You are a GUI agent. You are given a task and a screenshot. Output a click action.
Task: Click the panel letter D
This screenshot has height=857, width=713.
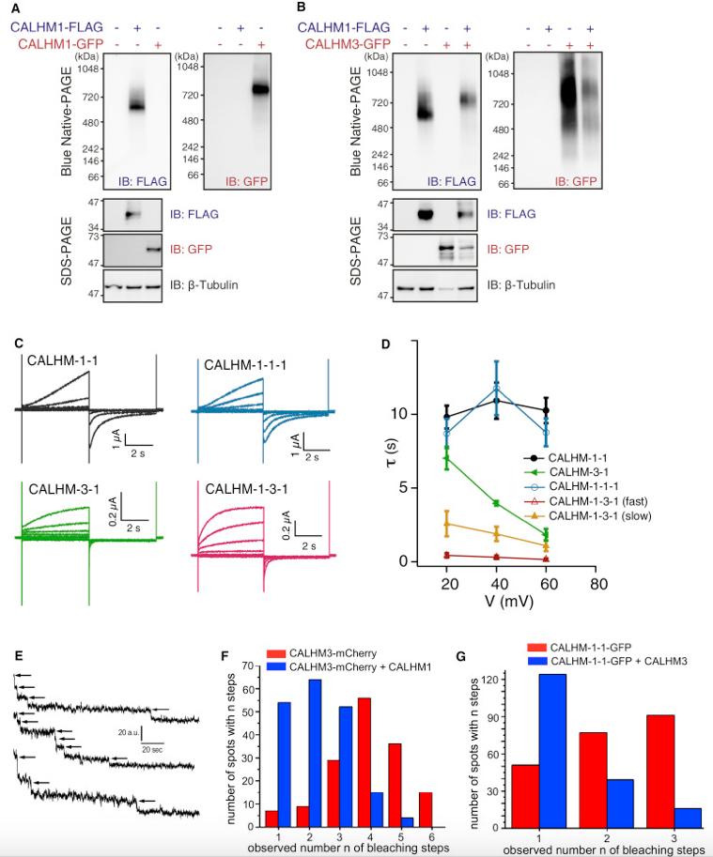(385, 344)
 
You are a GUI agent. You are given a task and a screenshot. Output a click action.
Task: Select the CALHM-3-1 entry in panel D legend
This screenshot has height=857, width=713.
(566, 472)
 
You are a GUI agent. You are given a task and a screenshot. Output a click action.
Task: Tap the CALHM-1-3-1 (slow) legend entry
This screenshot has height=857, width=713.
(587, 516)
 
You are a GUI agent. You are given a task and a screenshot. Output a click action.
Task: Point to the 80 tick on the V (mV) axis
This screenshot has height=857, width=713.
(598, 584)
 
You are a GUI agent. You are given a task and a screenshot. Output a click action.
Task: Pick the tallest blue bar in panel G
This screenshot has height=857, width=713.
(552, 751)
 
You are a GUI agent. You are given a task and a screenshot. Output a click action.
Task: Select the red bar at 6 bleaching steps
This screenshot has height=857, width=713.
(425, 809)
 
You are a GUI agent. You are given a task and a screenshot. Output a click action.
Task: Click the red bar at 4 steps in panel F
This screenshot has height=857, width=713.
(364, 762)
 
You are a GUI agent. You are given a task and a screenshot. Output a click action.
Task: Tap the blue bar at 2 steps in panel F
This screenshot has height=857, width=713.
(315, 753)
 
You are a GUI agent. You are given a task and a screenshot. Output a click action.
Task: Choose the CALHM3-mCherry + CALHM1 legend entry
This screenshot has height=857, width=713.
(349, 666)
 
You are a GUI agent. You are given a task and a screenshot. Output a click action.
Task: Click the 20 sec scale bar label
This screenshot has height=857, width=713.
(152, 749)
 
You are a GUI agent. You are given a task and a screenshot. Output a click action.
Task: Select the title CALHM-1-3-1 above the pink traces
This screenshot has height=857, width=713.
(246, 489)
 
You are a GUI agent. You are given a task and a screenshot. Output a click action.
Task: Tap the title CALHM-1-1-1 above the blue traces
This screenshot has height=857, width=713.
(245, 365)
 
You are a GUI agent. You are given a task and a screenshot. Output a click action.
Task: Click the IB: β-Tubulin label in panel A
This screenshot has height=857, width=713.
(204, 284)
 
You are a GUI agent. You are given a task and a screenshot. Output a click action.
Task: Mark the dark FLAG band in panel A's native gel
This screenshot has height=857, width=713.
(135, 107)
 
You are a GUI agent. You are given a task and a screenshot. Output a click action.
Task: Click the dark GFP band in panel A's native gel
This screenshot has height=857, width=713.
(260, 89)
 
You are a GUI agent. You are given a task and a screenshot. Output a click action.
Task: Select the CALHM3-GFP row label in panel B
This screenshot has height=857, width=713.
(348, 44)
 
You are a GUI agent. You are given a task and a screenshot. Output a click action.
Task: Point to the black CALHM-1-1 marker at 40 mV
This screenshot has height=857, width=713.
(497, 401)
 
